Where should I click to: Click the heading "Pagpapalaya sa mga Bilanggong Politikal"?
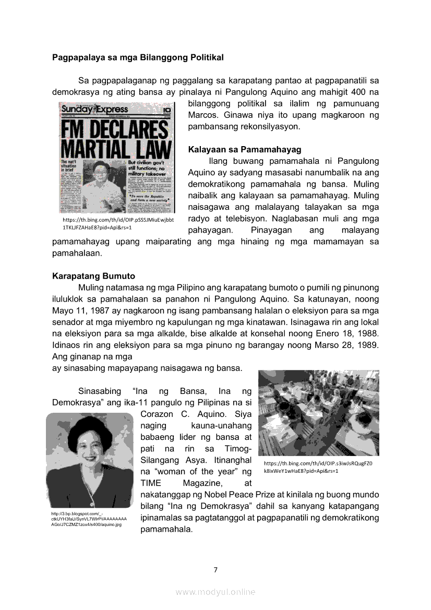(x=138, y=57)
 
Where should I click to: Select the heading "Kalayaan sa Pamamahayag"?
(x=245, y=150)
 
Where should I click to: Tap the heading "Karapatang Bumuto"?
(x=93, y=276)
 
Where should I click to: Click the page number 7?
(x=215, y=569)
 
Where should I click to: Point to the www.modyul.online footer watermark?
(x=215, y=592)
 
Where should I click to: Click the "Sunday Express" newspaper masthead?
(x=94, y=109)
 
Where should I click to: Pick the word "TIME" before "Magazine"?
(x=152, y=483)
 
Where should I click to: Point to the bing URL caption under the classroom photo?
(x=318, y=467)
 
